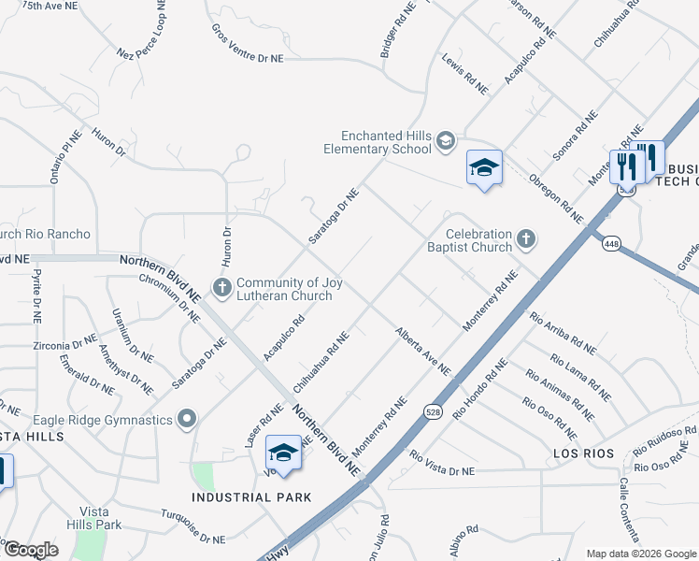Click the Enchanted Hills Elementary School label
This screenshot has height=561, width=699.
tap(378, 142)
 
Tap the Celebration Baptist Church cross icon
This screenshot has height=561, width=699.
tap(526, 239)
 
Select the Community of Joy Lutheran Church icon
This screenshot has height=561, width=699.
tap(222, 287)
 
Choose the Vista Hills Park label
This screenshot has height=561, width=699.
tap(101, 518)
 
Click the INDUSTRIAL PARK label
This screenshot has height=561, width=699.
tap(251, 497)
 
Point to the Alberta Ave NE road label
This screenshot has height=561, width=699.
tap(422, 351)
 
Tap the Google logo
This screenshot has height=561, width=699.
tap(31, 550)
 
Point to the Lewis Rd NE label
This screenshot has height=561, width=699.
tap(465, 73)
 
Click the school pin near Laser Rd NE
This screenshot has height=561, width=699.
tap(283, 453)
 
